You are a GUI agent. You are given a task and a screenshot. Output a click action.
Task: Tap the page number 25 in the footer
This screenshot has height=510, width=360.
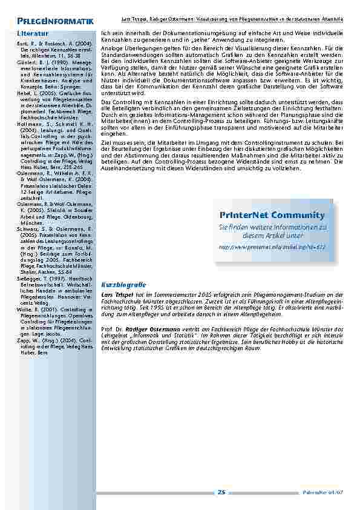[221, 492]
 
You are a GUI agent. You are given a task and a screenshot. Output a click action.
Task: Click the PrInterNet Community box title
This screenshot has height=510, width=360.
[272, 215]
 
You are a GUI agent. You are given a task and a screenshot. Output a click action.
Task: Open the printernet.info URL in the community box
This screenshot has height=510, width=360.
[272, 247]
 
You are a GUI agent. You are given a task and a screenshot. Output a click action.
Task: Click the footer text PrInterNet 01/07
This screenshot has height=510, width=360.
[331, 492]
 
